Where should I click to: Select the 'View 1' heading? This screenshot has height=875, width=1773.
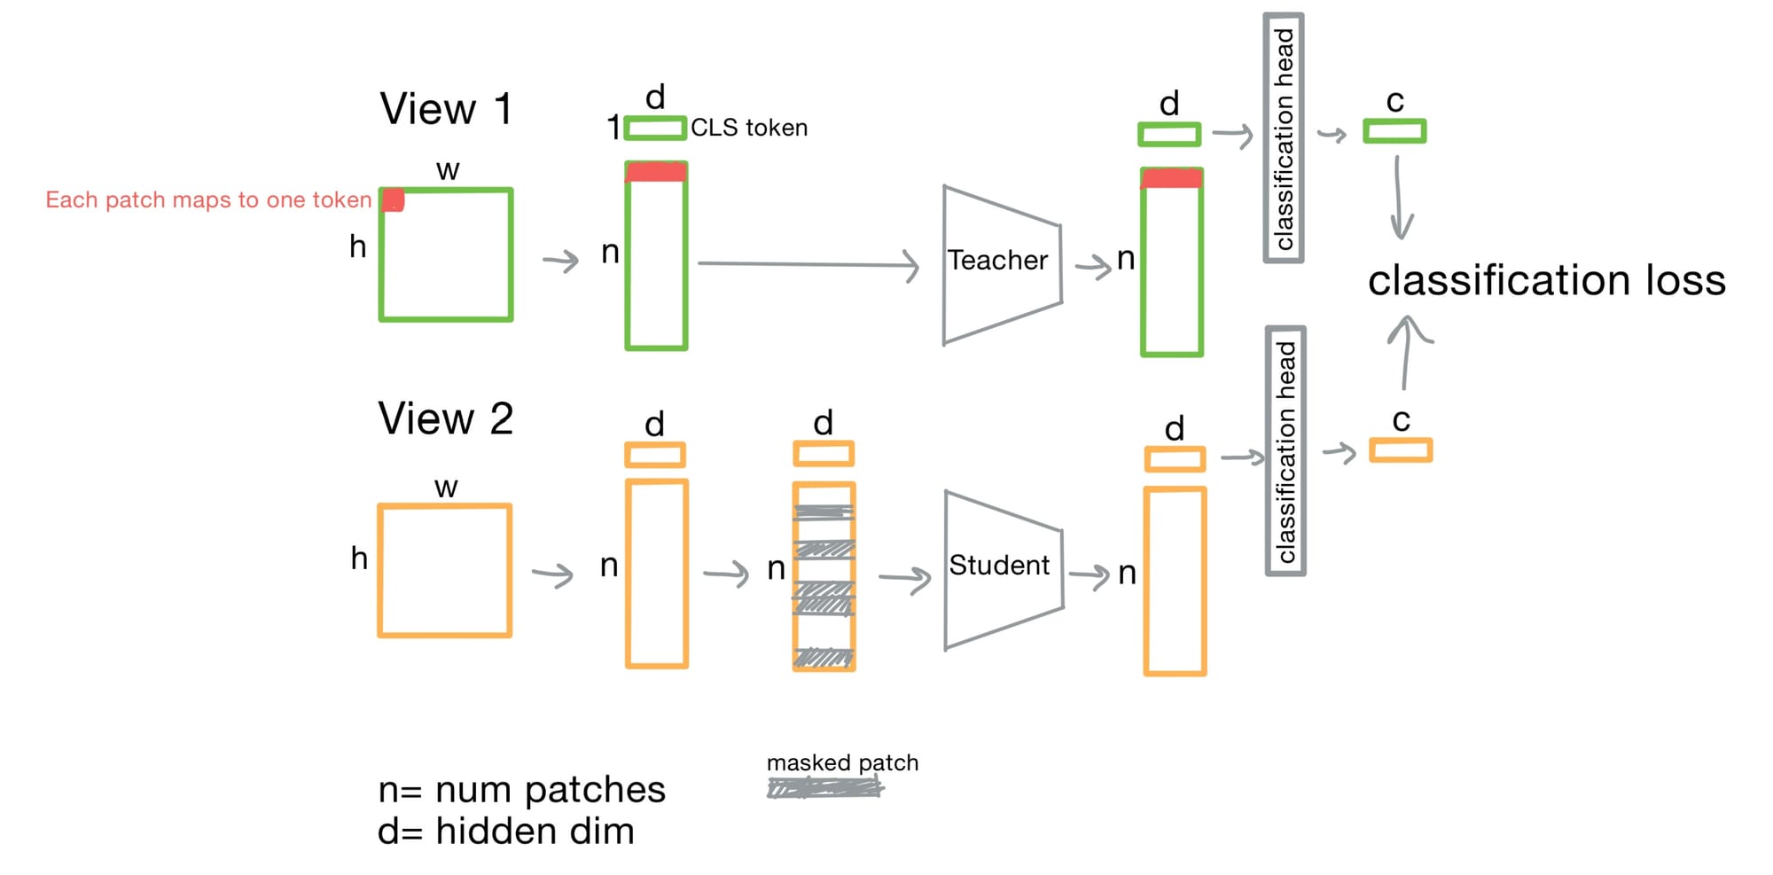446,110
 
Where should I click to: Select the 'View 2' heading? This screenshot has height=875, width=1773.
445,418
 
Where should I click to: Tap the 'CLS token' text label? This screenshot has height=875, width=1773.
749,129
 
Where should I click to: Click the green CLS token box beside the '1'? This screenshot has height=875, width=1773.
655,129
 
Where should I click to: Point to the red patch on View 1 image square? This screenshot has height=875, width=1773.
394,200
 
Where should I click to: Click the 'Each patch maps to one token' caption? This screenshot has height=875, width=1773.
208,200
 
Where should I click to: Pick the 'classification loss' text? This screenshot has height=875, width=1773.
1546,281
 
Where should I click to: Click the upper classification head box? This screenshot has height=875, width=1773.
1283,138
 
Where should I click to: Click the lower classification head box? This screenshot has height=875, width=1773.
1285,451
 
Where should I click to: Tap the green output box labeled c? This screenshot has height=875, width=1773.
1394,132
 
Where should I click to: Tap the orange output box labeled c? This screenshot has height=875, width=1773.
1400,450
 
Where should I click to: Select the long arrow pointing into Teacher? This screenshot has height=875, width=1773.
807,264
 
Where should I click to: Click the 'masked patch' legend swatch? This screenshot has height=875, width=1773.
824,787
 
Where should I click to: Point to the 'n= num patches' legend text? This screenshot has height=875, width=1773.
521,790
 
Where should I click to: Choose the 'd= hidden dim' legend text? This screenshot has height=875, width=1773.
505,832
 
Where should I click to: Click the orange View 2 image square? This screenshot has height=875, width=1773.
445,571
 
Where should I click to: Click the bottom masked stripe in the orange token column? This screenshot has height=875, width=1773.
824,657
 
